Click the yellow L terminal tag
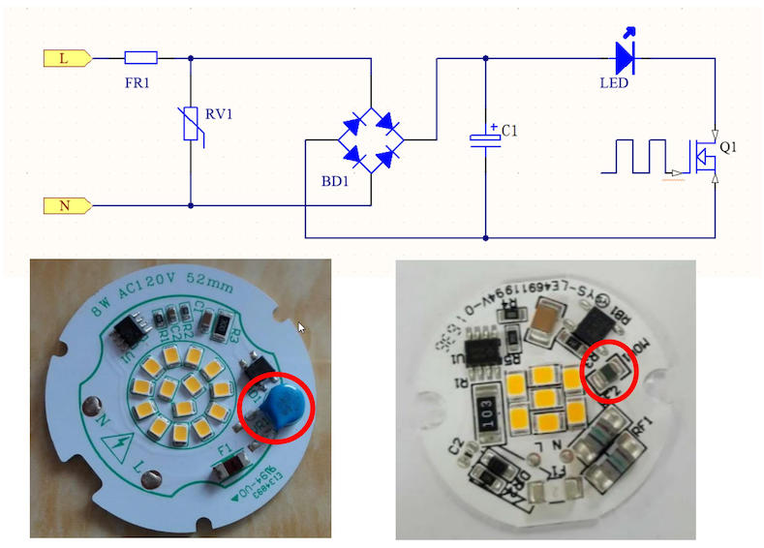point(66,58)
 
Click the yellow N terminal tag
point(66,205)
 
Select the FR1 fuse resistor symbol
point(141,58)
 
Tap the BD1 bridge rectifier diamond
point(371,138)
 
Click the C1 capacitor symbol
point(485,137)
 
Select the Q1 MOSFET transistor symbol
point(704,155)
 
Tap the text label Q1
point(728,147)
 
